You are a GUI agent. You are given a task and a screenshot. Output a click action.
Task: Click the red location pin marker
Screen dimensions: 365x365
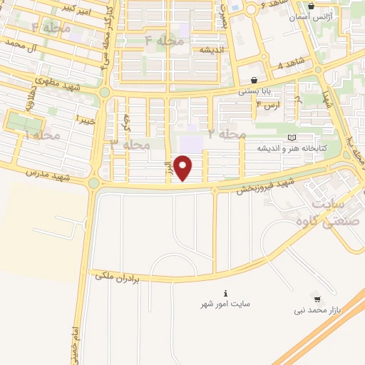pos(184,168)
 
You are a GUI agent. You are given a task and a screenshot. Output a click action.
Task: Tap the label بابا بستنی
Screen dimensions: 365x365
pos(254,92)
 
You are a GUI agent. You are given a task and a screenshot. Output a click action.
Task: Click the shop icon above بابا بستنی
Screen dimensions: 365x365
pos(255,80)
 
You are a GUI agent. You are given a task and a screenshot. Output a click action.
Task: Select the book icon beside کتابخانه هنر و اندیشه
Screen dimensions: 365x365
pos(289,137)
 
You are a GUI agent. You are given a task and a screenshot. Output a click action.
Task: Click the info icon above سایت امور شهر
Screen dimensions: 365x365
pos(226,293)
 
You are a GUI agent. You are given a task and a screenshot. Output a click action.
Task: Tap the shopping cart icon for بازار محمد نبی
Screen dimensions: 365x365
pos(317,299)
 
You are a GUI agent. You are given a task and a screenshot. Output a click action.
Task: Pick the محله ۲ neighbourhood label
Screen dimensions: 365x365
pos(226,133)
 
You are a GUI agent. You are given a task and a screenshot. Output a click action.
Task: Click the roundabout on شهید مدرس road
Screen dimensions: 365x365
pos(94,183)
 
